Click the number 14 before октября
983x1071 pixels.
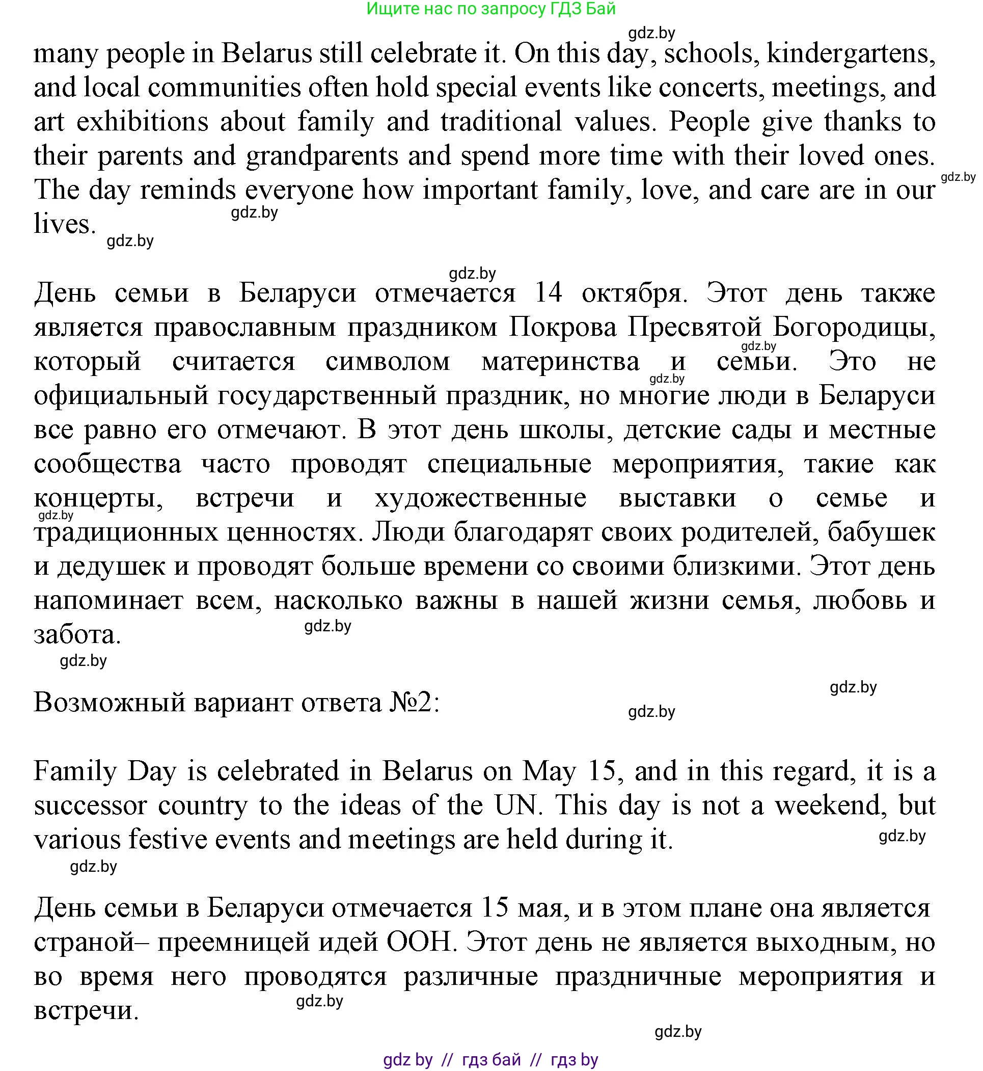[549, 293]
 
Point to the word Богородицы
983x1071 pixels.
[854, 328]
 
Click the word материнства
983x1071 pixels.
[560, 362]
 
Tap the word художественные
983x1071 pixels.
[480, 498]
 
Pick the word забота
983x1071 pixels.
[77, 635]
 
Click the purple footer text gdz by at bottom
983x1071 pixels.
[407, 1060]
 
